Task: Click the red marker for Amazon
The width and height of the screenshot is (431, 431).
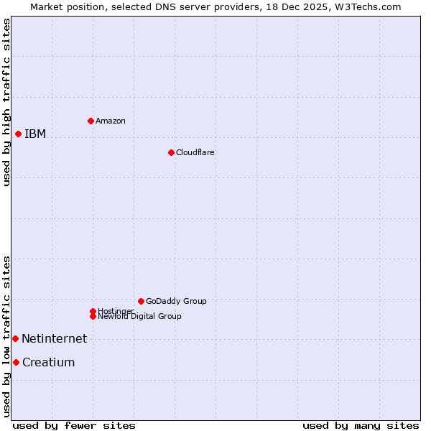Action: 91,121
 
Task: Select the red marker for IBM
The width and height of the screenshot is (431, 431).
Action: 18,134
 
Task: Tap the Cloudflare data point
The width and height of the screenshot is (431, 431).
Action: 171,152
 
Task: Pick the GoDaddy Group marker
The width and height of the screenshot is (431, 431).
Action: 141,301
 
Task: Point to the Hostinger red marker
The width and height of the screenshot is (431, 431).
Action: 93,311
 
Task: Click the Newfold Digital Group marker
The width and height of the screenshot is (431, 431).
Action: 93,316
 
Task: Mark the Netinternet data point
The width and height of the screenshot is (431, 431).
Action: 15,338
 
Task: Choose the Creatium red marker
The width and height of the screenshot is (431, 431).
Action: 16,362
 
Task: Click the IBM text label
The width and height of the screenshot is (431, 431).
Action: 35,134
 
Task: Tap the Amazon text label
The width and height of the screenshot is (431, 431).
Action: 110,121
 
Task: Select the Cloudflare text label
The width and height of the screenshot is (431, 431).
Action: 195,153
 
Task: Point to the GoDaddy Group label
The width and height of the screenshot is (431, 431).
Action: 176,302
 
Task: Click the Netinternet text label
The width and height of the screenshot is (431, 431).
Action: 54,339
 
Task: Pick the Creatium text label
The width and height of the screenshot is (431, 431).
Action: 48,363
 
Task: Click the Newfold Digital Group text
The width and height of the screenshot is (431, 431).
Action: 139,317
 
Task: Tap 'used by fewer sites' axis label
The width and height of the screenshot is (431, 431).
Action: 74,426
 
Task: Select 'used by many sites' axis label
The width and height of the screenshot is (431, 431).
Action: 361,426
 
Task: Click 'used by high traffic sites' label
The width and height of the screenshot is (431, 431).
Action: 7,102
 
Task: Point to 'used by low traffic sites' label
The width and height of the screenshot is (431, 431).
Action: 7,336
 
